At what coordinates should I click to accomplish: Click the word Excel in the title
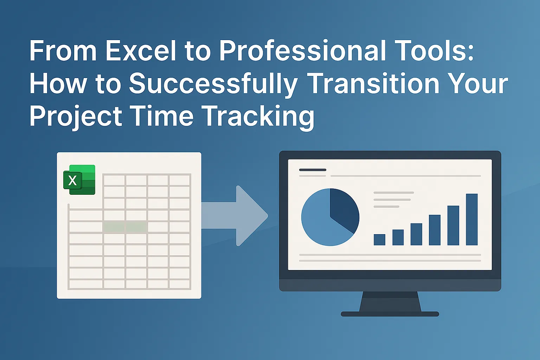coord(140,51)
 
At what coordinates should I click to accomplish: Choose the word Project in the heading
coord(76,117)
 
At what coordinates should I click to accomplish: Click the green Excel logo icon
coord(79,180)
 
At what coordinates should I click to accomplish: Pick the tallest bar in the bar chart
coord(471,219)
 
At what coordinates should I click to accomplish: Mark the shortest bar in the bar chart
coord(379,239)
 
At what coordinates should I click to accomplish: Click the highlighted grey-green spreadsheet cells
coord(125,227)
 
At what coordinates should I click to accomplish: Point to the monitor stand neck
coord(390,301)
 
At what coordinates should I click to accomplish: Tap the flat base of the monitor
coord(390,314)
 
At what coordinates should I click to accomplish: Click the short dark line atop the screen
coord(313,170)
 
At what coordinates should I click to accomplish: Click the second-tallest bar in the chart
coord(453,225)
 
